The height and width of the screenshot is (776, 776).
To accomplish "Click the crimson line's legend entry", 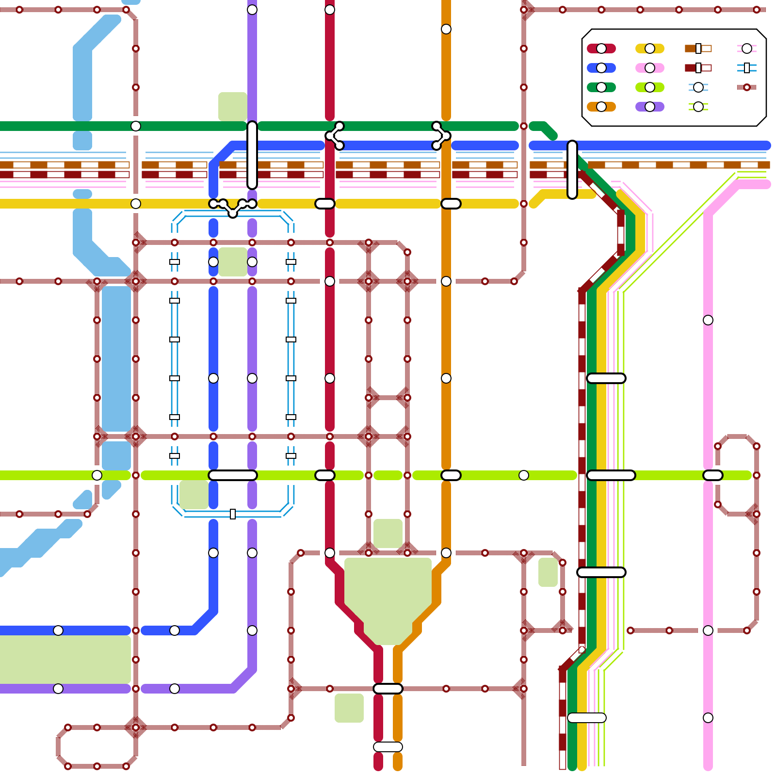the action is [x=601, y=48].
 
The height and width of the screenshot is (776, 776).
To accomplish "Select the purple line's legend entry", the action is [x=649, y=107].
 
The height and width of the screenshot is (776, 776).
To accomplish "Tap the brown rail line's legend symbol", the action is [x=698, y=48].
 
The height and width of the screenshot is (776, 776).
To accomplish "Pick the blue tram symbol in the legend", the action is [x=746, y=68].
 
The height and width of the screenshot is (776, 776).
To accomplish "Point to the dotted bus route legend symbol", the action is [x=746, y=87].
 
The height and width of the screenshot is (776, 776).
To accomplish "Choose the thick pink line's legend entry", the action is [x=649, y=68].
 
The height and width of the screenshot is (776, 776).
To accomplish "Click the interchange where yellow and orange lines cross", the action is [x=451, y=204].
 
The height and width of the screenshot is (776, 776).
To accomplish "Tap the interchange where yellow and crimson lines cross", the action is [x=325, y=204].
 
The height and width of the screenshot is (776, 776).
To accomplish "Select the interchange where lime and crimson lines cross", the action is [x=325, y=475].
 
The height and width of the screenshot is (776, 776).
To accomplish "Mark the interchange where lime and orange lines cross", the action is [x=451, y=475].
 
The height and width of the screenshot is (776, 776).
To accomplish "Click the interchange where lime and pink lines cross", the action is [x=712, y=475].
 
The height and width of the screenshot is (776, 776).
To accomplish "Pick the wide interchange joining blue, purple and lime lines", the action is [x=233, y=475].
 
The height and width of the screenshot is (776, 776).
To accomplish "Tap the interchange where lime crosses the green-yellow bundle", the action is [x=611, y=475].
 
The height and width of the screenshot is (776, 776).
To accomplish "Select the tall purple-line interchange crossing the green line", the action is [x=252, y=155].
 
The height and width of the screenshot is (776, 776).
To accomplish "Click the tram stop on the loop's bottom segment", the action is [x=233, y=514].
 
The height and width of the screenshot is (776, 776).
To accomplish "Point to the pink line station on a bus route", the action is [x=708, y=630].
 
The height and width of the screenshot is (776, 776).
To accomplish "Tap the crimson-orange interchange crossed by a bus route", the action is [x=388, y=689].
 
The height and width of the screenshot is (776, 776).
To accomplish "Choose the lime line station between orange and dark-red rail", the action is [x=524, y=475].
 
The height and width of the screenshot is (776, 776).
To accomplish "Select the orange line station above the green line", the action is [x=446, y=29].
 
